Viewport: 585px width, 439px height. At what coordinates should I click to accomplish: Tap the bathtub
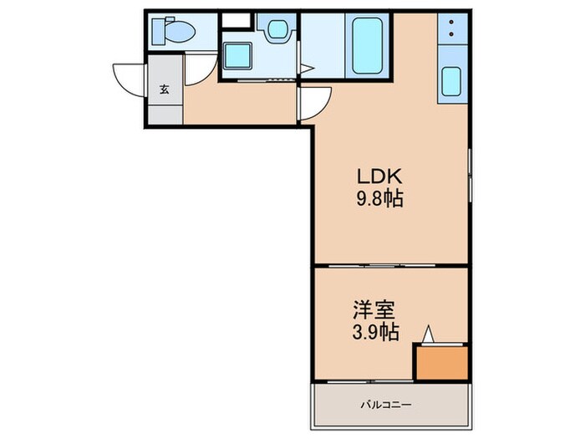367,43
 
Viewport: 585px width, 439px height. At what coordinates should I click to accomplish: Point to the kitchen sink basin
452,82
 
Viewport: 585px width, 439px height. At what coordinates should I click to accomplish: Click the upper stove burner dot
451,23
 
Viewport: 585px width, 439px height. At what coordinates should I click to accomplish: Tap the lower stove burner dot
451,36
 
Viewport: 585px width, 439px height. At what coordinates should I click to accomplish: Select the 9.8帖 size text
381,200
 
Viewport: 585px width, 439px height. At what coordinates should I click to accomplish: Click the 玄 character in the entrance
164,90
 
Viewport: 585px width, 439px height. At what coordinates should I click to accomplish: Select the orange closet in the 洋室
441,361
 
